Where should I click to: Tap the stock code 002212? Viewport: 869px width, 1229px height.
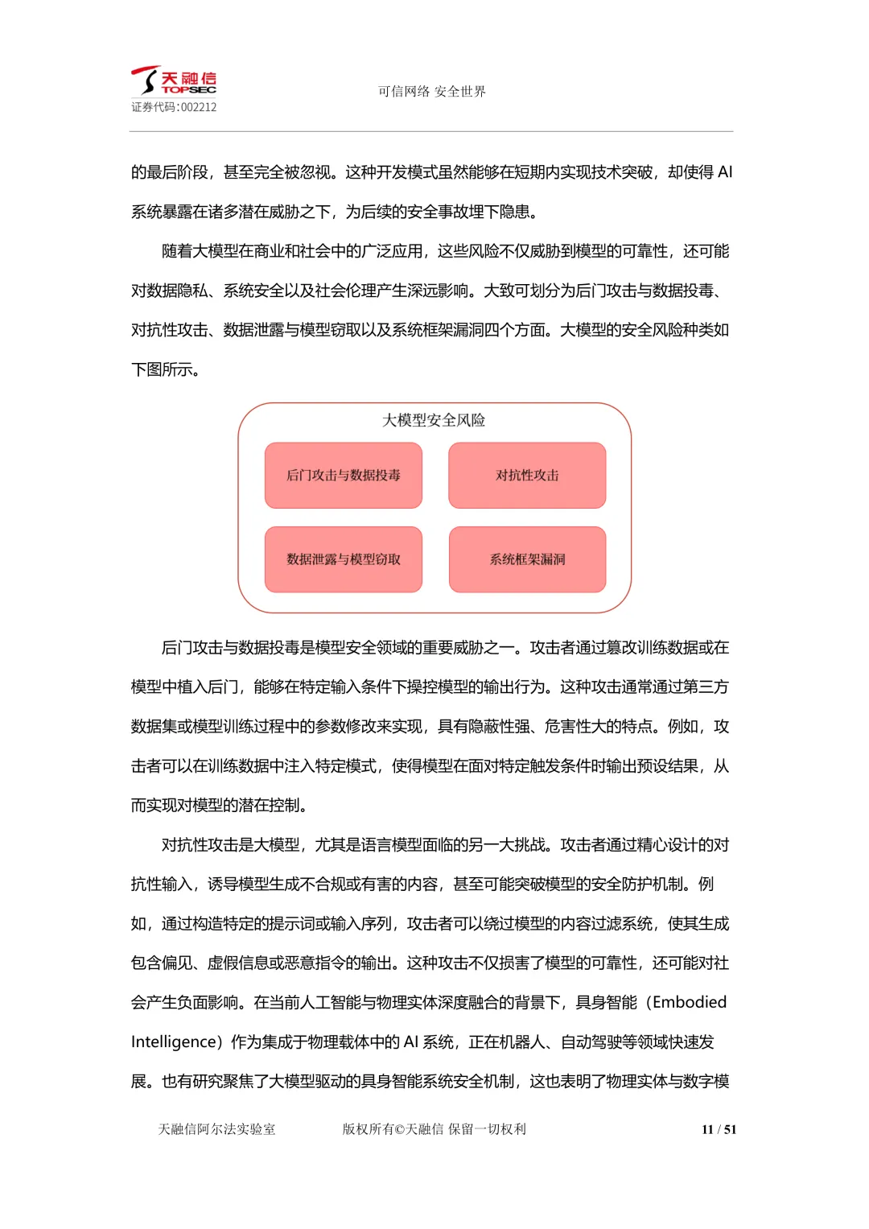click(x=198, y=107)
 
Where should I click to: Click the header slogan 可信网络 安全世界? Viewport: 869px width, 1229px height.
click(x=432, y=92)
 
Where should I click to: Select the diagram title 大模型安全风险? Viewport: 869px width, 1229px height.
click(x=434, y=420)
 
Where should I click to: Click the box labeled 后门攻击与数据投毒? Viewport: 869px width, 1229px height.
click(x=344, y=476)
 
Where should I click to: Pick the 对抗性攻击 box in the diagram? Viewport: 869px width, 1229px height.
click(x=527, y=476)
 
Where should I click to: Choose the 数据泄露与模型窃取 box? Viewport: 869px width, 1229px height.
click(x=344, y=559)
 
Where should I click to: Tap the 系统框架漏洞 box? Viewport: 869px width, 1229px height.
click(x=527, y=559)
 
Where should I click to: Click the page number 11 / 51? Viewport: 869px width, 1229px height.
click(x=719, y=1129)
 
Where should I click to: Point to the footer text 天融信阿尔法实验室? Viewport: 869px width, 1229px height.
click(x=216, y=1129)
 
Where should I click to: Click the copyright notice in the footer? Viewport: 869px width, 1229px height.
click(x=434, y=1129)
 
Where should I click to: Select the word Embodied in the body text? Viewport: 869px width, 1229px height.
click(x=690, y=1002)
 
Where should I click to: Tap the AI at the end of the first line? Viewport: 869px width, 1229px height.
click(x=724, y=172)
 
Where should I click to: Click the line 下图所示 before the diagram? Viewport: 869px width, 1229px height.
click(x=165, y=369)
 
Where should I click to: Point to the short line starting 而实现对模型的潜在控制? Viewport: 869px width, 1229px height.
click(x=220, y=805)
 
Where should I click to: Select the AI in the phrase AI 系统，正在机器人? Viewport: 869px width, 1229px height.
click(x=411, y=1041)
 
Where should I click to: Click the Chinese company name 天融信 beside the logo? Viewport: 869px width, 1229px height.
click(x=189, y=77)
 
